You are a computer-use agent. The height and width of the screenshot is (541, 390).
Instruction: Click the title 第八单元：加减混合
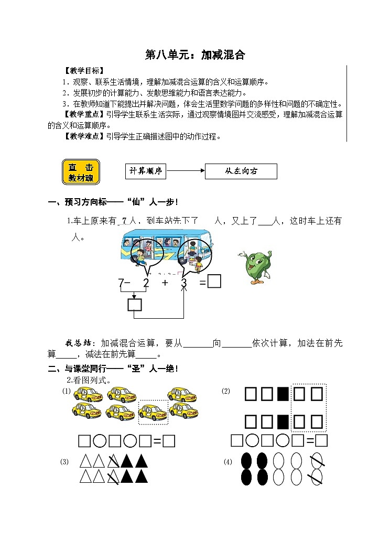tap(194, 55)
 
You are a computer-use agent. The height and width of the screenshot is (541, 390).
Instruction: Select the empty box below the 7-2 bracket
tap(134, 305)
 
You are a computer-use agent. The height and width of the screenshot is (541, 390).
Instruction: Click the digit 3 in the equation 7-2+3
tap(183, 283)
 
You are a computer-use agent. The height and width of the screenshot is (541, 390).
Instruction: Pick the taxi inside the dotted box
tap(153, 413)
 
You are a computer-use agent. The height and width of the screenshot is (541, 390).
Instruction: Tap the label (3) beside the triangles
tap(64, 462)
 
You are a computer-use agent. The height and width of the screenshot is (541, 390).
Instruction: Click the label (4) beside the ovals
tap(227, 462)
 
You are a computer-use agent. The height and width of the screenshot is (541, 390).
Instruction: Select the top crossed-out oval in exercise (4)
tap(316, 461)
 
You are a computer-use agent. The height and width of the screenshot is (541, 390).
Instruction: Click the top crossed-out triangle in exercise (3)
tap(113, 462)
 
